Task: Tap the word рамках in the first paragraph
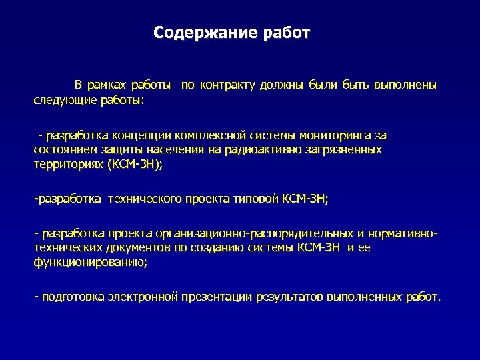tap(107, 85)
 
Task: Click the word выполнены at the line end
tap(406, 85)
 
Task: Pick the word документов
tap(125, 248)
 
